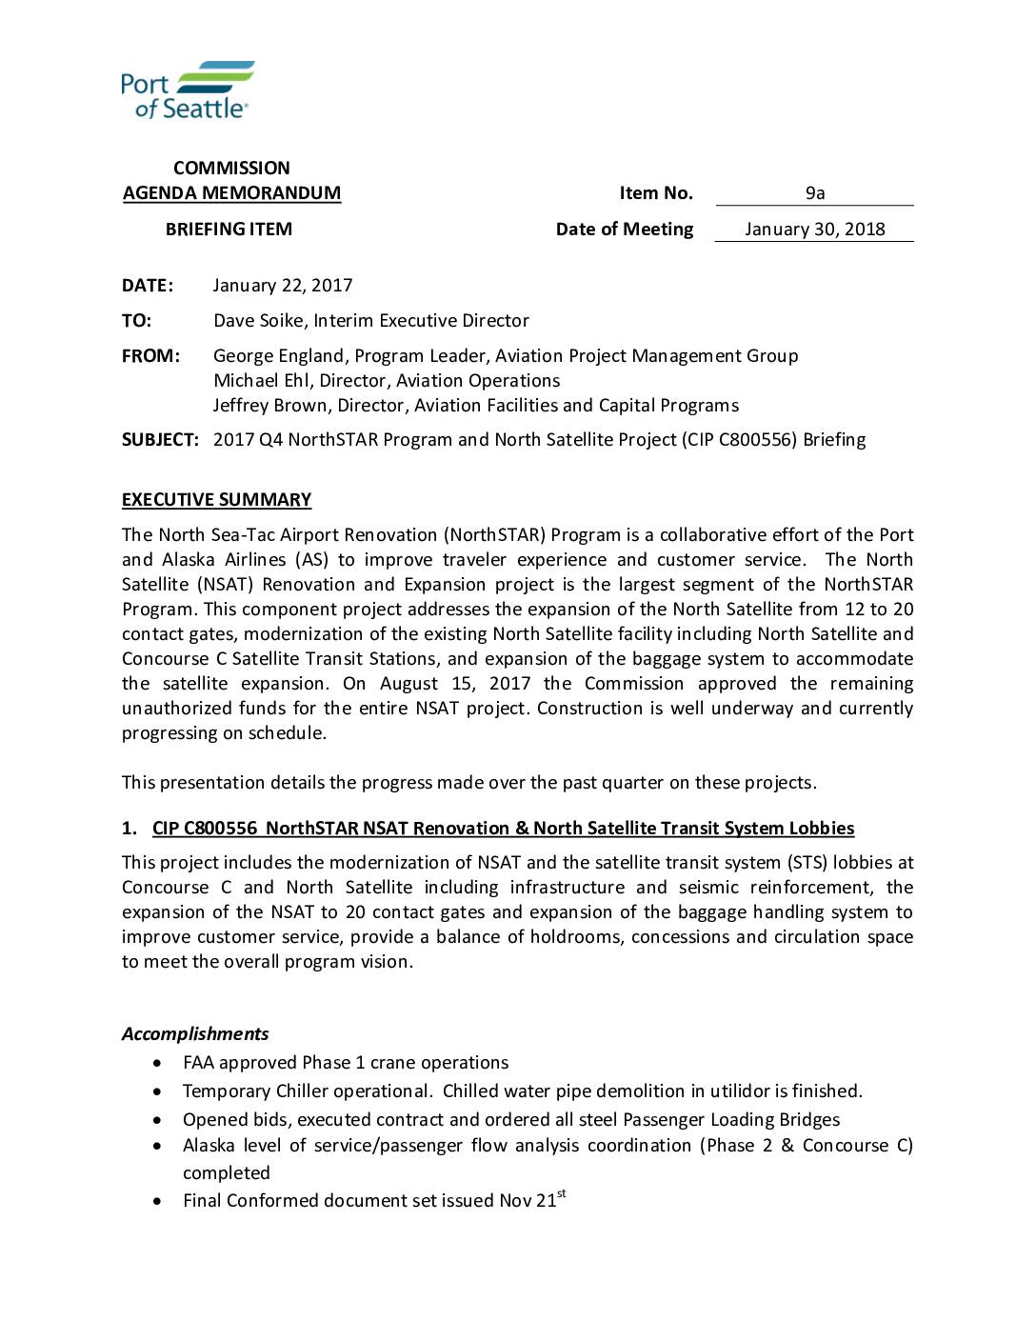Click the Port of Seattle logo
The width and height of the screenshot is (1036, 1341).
[x=188, y=90]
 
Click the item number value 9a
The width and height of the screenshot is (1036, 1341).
[x=815, y=193]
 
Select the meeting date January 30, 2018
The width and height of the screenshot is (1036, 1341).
[x=814, y=230]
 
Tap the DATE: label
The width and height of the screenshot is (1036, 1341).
[x=148, y=286]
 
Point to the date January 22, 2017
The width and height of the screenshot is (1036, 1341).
[x=283, y=286]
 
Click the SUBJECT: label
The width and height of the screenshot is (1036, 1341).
[x=160, y=440]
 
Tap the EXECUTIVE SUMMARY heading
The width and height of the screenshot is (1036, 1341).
[x=216, y=500]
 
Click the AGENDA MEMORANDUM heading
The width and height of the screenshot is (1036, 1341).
[x=231, y=193]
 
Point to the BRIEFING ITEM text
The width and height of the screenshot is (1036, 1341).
[x=229, y=230]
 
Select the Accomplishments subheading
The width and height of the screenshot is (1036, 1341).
[x=195, y=1034]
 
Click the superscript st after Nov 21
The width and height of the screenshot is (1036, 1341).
[x=562, y=1194]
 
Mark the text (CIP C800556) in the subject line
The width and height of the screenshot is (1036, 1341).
[x=739, y=440]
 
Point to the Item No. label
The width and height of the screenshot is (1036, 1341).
[x=656, y=193]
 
